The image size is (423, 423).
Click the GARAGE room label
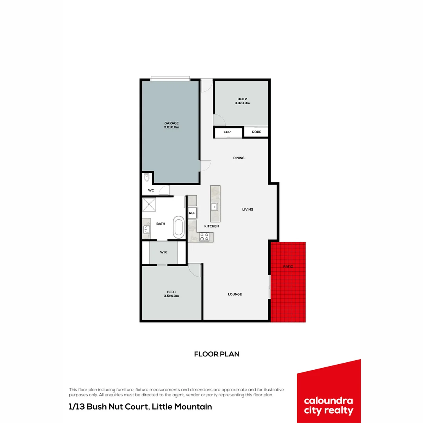(x=171, y=123)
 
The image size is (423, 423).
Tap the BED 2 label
(x=242, y=99)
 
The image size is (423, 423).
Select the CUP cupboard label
(x=227, y=132)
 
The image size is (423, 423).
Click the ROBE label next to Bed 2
(x=257, y=132)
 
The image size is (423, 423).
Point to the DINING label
(x=239, y=158)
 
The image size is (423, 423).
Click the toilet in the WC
(x=146, y=178)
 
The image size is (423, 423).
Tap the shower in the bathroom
(x=149, y=204)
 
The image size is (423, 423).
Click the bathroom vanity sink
(x=147, y=229)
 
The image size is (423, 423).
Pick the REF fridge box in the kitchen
(x=192, y=213)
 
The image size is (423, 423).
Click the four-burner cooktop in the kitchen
(x=204, y=236)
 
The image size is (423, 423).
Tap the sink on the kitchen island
(x=215, y=207)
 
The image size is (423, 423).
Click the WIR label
(x=163, y=252)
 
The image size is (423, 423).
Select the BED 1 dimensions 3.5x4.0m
(x=171, y=296)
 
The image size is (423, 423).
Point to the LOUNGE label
(x=235, y=294)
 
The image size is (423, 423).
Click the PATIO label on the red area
(x=288, y=266)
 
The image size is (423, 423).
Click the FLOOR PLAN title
(x=217, y=354)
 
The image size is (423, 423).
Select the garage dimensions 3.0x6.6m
(x=171, y=127)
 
